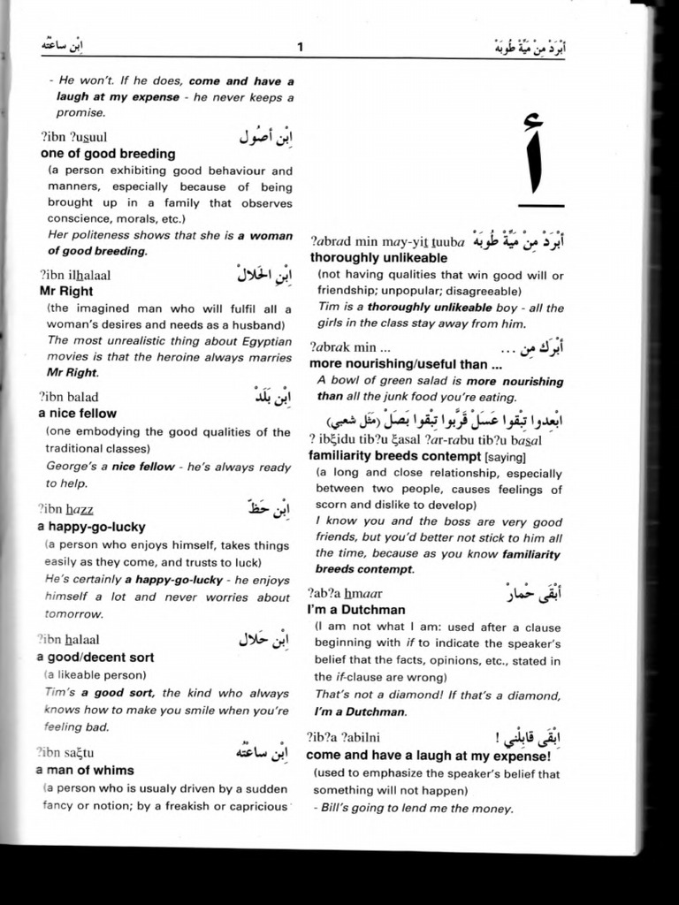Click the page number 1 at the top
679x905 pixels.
tap(300, 47)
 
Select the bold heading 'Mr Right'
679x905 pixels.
tap(66, 291)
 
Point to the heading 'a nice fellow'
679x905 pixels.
tap(77, 413)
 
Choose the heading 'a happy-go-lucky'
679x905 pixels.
tap(86, 527)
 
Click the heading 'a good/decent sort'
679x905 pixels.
tap(95, 657)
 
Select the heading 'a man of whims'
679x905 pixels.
tap(85, 770)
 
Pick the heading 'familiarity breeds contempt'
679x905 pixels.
tap(393, 455)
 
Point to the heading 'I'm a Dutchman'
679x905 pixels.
tap(355, 610)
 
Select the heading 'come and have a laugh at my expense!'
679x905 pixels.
tap(428, 756)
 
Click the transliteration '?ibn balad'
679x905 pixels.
tap(69, 397)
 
